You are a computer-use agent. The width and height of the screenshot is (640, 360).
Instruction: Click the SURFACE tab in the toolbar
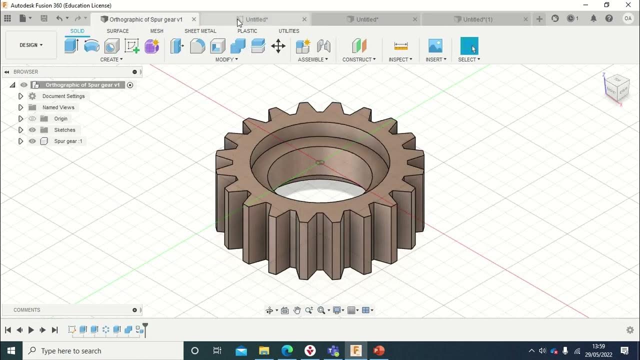pos(117,31)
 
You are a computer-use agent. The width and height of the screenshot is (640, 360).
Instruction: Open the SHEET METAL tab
pos(200,31)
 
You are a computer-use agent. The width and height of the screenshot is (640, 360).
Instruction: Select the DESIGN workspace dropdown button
pos(31,45)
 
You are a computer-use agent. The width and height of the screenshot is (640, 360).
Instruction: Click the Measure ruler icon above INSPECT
pos(400,46)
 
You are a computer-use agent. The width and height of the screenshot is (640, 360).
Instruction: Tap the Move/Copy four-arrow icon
pos(278,46)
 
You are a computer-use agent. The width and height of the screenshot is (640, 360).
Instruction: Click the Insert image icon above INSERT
pos(435,46)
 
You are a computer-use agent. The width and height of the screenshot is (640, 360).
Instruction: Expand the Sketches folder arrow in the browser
pos(20,130)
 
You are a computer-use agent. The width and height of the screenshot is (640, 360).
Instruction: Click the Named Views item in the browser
pos(58,107)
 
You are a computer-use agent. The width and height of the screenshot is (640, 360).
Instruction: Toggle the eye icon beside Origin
pos(32,118)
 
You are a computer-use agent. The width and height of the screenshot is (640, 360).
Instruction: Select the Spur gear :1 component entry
pos(68,141)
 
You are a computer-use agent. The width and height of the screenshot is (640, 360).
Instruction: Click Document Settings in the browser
pos(63,96)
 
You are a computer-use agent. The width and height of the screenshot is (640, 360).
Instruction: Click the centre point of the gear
pos(320,162)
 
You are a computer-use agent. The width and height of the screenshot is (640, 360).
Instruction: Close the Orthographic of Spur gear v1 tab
pos(193,19)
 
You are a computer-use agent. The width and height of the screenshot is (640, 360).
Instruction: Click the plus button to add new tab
pos(539,19)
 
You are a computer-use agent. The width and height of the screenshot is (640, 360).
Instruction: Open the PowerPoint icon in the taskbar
pos(378,350)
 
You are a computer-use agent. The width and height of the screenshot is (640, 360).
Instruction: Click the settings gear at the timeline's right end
pos(630,330)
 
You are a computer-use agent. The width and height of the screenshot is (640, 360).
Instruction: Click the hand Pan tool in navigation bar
pos(297,310)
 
